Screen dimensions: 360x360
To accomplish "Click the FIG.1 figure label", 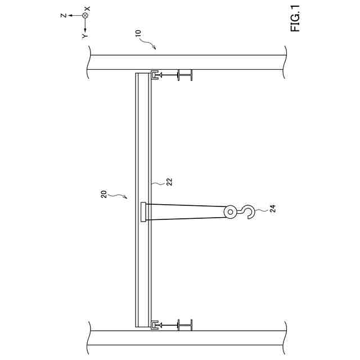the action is pos(295,19).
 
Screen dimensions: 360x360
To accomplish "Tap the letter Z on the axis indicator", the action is pos(64,15).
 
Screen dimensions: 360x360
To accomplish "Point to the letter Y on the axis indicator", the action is pos(85,36).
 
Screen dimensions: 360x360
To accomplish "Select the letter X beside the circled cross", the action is pos(87,9).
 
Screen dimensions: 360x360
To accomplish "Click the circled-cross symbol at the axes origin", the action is pos(85,15).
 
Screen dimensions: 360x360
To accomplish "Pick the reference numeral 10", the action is pos(138,33).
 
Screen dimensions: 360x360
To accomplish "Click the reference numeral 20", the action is pos(104,194).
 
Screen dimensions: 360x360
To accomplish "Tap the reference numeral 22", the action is pos(169,182).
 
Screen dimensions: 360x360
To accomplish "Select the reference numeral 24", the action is pos(272,209).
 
